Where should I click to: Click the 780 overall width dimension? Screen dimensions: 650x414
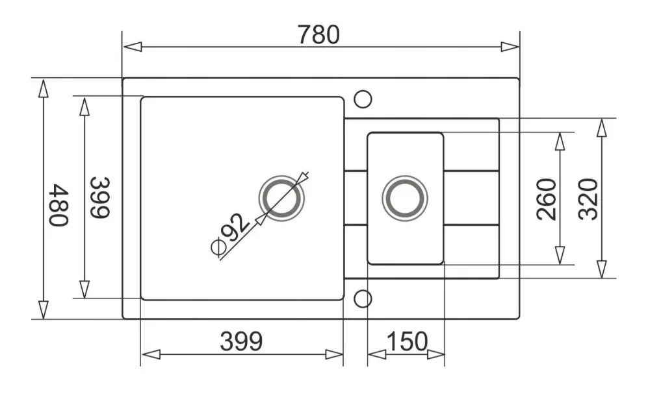(318, 35)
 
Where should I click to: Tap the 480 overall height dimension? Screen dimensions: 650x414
(58, 205)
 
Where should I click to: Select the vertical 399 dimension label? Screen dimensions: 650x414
(100, 197)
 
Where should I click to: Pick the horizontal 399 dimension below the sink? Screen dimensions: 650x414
(241, 341)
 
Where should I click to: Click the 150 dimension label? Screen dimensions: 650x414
(407, 341)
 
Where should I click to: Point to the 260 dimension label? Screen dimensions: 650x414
(547, 199)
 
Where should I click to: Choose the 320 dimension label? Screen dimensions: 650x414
(588, 199)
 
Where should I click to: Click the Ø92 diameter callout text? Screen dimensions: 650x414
(230, 234)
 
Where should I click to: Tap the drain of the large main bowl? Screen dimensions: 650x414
(281, 199)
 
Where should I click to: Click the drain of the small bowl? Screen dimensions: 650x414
(404, 199)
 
